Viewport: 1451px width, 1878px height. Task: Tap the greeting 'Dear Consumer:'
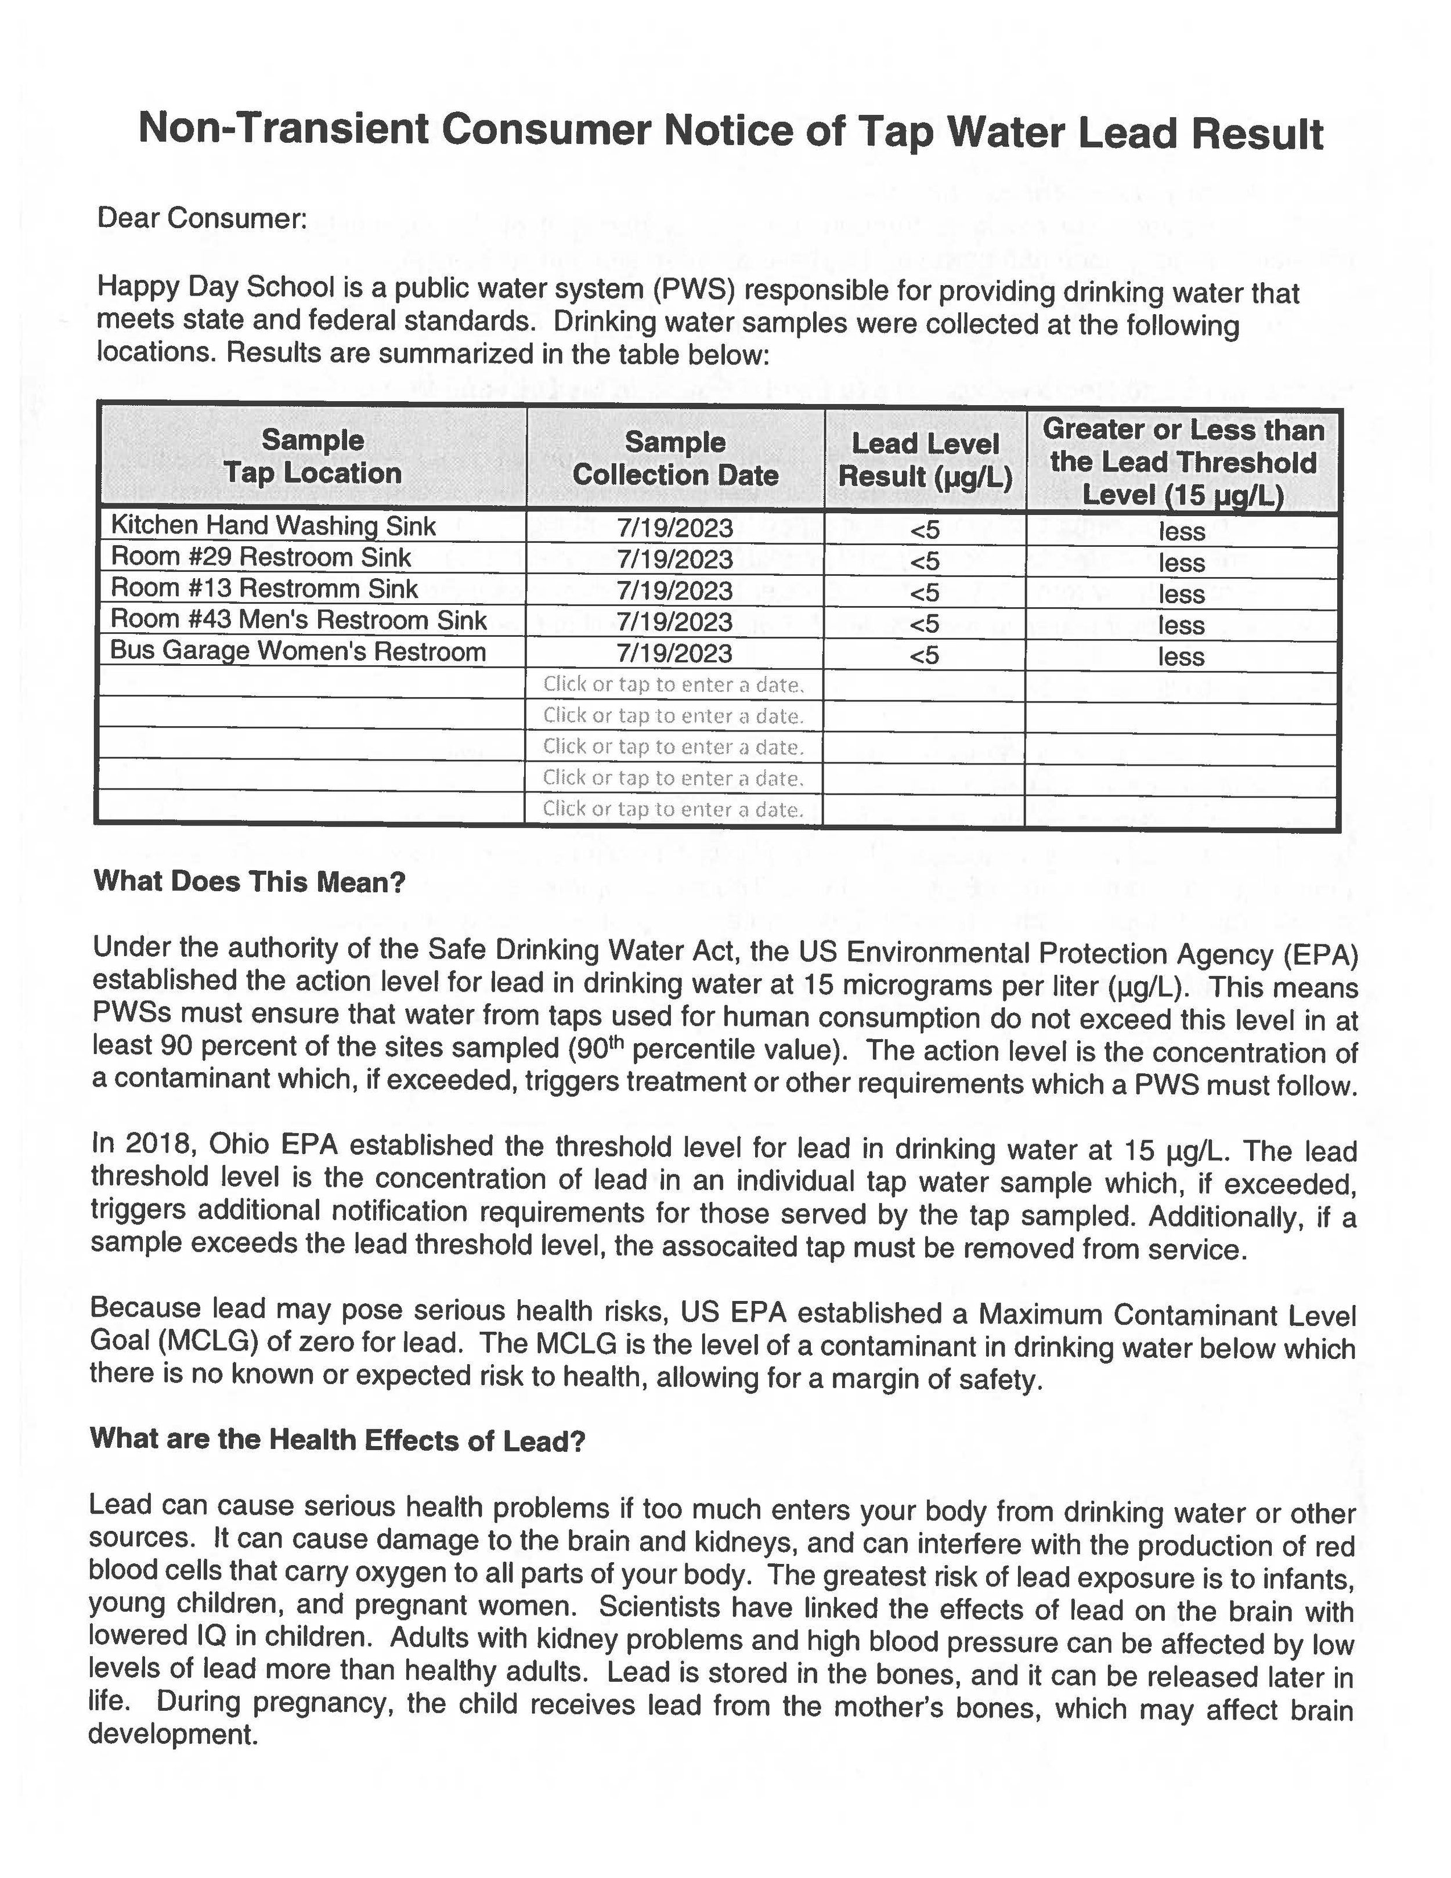click(202, 218)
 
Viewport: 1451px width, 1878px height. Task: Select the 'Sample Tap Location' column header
click(313, 457)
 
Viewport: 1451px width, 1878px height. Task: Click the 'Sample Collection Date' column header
click(675, 458)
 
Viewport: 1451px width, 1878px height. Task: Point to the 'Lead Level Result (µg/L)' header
click(925, 460)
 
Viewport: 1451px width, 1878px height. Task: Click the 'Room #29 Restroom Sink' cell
click(261, 557)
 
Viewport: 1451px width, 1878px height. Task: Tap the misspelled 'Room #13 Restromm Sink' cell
click(265, 589)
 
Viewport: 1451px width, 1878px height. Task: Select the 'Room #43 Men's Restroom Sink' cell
click(299, 620)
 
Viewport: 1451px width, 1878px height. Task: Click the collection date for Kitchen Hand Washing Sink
click(675, 528)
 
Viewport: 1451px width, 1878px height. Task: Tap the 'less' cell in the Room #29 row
click(1182, 563)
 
